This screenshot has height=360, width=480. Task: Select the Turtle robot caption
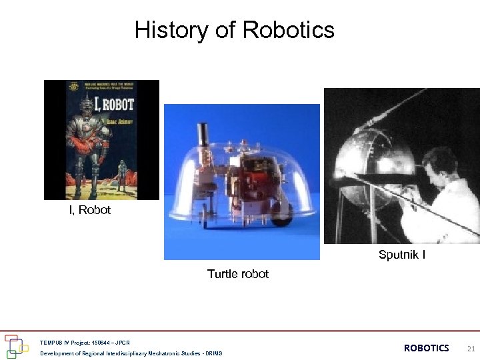click(x=238, y=274)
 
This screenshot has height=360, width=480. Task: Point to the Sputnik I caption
click(x=402, y=255)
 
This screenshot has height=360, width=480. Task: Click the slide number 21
click(x=471, y=348)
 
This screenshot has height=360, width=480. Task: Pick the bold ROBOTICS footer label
click(x=427, y=348)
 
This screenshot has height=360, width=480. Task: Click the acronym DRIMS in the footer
click(x=214, y=353)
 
